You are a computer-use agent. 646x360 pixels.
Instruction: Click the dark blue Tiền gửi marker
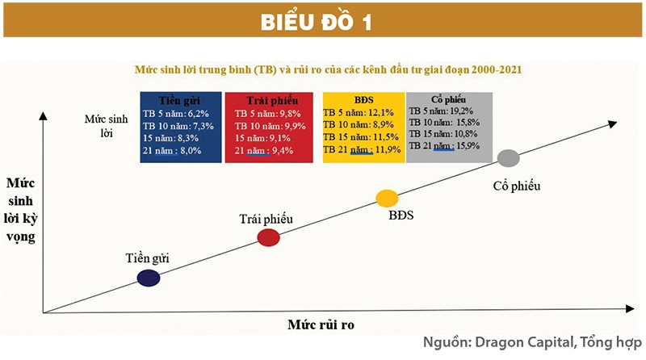[x=148, y=278]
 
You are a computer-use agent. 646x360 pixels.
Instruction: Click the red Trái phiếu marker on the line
[x=268, y=237]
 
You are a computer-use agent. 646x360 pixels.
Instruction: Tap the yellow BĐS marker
[x=388, y=199]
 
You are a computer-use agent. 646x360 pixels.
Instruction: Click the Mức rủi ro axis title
[x=321, y=324]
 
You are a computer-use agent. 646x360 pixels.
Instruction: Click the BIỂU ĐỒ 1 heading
[x=323, y=22]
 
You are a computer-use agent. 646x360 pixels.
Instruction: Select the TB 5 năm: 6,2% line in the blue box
[x=178, y=114]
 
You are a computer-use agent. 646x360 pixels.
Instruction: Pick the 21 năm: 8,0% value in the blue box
[x=178, y=150]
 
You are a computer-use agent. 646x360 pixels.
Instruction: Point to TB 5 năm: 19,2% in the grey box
[x=448, y=111]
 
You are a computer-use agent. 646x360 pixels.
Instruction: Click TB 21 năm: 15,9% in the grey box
[x=449, y=145]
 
